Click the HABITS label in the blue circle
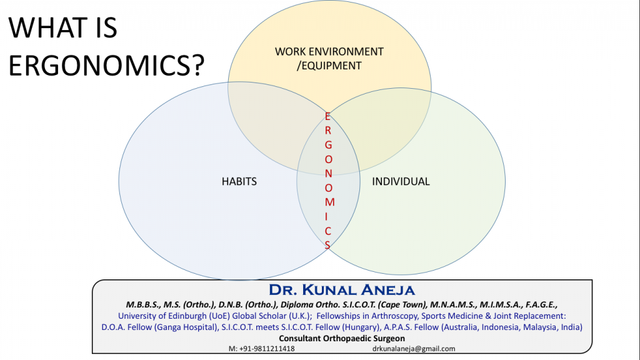(x=239, y=182)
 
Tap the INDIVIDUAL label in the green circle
(x=401, y=182)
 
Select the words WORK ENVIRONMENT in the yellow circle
(x=329, y=52)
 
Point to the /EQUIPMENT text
(x=329, y=66)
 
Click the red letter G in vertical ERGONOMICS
(x=328, y=145)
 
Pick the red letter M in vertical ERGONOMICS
(x=330, y=202)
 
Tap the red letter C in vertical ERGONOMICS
(x=327, y=231)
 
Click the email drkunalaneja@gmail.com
(x=414, y=349)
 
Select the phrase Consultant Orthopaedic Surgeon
(x=342, y=338)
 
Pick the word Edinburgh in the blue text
(x=187, y=316)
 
